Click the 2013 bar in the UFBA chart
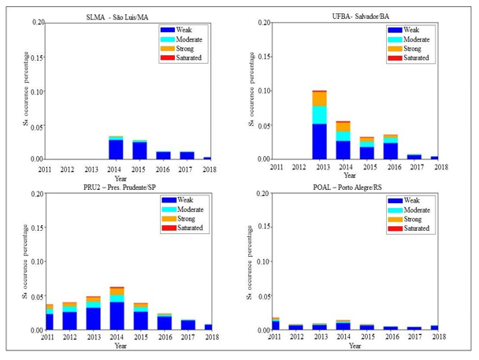pos(319,125)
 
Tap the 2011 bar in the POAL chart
pos(275,324)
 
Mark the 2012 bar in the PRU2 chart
pos(70,316)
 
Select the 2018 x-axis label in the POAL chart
pos(440,337)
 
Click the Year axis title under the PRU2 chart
pos(120,345)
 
